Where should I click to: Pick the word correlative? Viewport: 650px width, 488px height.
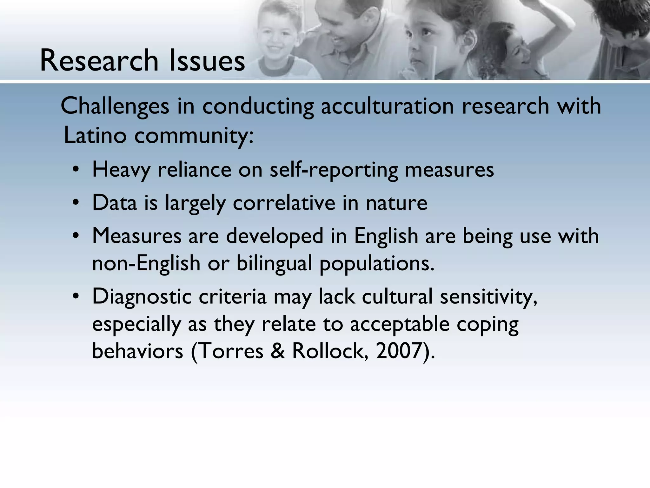[284, 203]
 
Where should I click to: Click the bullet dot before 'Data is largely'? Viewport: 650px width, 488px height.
[75, 203]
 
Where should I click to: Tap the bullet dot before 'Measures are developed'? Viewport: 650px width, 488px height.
[75, 236]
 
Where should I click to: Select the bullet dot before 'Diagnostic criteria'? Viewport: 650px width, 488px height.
[75, 297]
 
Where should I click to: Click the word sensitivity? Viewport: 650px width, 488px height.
[488, 297]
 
